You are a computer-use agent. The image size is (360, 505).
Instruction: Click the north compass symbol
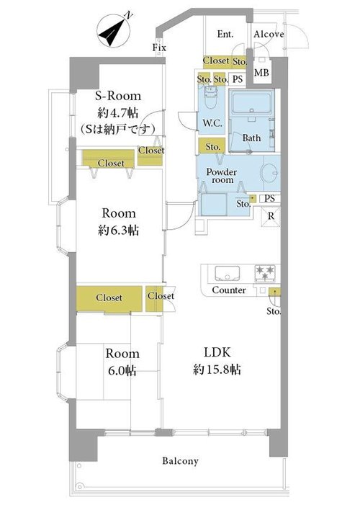coord(114,30)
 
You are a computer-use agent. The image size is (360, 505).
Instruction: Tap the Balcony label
coord(180,461)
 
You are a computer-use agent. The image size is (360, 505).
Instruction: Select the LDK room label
coord(217,352)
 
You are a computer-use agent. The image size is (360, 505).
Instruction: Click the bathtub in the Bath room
coord(252,102)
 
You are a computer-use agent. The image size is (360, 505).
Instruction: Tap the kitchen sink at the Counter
coord(228,274)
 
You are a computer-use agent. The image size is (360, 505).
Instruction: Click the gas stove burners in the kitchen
coord(265,273)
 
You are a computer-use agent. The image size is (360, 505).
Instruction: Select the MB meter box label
coord(261,73)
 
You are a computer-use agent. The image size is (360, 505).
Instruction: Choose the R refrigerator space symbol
coord(271,216)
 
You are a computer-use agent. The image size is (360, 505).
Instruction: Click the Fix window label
coord(159,48)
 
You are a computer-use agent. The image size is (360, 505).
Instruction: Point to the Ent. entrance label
coord(225,34)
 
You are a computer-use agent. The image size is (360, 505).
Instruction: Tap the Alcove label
coord(269,34)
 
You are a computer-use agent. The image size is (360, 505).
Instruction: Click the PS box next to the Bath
coord(238,79)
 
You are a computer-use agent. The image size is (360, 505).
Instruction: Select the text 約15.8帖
coord(217,370)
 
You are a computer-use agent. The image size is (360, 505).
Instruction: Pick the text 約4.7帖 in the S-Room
coord(118,112)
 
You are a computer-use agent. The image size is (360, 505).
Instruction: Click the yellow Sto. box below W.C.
coord(212,146)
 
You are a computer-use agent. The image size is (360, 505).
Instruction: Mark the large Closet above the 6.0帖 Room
coord(109,298)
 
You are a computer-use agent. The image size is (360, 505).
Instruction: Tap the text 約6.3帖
coord(119,231)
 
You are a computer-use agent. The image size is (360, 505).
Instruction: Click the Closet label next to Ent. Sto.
coord(216,61)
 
